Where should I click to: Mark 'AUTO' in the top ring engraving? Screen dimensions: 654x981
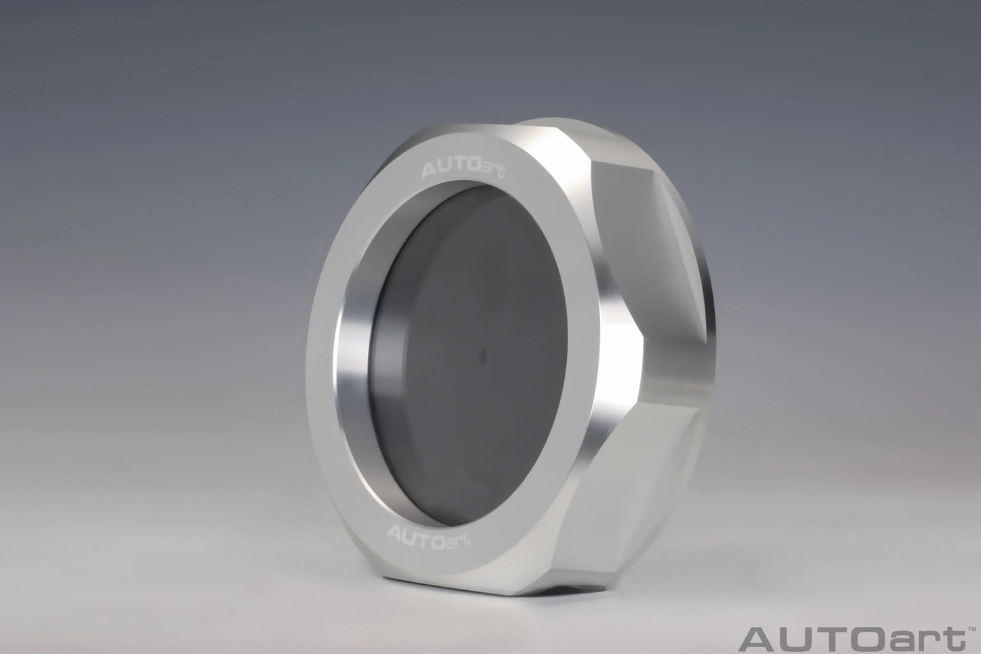[440, 166]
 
